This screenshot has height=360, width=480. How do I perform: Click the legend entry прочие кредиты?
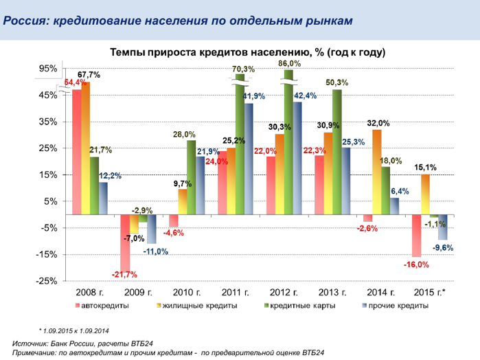[385, 305]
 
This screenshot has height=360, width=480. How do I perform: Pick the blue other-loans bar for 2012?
[297, 158]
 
